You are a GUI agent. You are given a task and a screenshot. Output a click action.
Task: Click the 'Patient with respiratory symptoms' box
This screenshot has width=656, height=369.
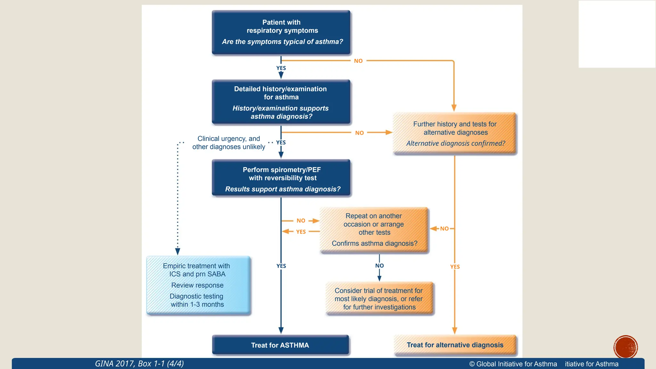281,32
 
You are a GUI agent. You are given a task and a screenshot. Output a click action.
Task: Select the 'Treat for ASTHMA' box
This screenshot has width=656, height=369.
280,345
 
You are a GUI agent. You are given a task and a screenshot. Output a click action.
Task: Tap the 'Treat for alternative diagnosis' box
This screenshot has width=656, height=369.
455,345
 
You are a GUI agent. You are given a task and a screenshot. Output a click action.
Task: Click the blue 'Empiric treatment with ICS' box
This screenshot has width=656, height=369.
198,285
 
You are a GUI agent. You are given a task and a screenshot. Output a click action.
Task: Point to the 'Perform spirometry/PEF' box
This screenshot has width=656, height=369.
281,178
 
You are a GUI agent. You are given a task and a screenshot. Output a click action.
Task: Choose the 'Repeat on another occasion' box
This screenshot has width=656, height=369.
374,230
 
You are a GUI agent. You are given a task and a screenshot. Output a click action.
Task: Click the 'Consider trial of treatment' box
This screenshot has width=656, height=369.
379,299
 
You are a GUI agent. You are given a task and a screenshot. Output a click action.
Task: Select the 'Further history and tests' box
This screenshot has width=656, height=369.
455,133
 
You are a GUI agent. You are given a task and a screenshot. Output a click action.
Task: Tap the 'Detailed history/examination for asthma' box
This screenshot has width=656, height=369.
281,102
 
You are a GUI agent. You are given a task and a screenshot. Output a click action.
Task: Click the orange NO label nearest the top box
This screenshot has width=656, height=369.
358,61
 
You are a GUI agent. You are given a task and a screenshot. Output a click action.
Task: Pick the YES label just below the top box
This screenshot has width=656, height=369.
281,68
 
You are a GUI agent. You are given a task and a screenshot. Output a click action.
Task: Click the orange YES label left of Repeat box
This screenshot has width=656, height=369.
301,232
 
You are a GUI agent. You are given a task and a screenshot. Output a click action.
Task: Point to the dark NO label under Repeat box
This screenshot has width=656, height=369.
379,266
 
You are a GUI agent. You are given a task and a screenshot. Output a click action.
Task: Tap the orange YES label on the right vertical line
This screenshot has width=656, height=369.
455,267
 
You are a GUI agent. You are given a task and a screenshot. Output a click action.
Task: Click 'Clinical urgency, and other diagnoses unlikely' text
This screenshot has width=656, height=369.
229,143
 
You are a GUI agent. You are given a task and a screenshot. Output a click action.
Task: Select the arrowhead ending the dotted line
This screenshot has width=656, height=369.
178,251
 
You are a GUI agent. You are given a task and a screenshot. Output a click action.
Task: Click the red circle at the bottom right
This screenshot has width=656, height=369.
626,347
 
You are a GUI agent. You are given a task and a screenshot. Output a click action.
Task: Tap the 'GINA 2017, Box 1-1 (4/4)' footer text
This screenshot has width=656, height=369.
139,364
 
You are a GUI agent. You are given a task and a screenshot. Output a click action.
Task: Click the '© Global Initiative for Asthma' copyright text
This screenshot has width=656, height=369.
513,364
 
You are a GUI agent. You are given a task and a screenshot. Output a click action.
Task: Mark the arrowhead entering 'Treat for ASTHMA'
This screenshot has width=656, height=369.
281,331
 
